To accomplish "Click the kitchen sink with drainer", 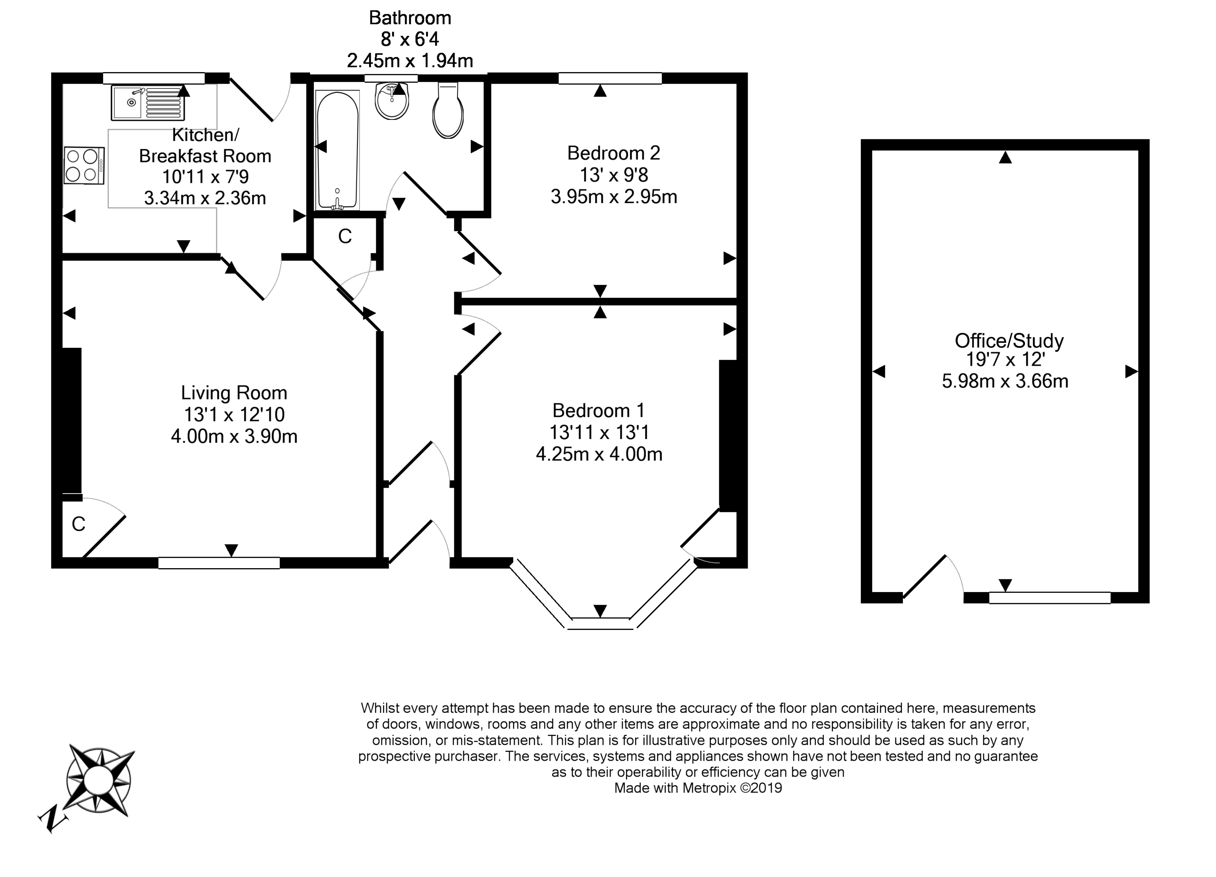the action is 147,102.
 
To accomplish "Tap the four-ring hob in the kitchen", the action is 84,166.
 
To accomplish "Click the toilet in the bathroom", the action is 448,110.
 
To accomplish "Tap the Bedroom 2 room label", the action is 613,153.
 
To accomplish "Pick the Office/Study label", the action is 1009,341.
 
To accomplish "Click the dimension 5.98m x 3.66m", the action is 1005,381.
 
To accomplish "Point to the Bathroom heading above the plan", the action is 410,18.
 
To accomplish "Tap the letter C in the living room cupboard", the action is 78,525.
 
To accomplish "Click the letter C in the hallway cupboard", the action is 345,236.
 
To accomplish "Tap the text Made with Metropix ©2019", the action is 698,788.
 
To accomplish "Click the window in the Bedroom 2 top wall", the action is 610,78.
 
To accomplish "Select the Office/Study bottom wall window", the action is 1050,598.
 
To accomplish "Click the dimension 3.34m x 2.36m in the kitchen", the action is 205,198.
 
